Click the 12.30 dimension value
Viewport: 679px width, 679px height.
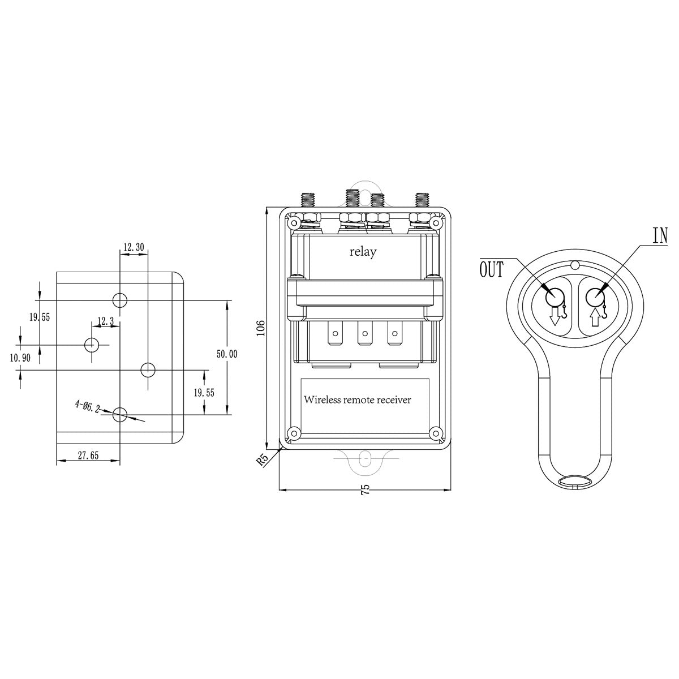133,247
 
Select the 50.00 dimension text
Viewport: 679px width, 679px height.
227,354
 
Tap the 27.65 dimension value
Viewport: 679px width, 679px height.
88,455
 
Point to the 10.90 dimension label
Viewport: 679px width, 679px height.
20,358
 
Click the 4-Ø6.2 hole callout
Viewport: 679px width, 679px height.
87,406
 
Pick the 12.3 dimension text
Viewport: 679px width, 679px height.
106,321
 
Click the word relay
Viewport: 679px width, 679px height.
363,252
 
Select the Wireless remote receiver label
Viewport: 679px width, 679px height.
357,400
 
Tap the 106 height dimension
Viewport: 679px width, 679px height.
261,328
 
